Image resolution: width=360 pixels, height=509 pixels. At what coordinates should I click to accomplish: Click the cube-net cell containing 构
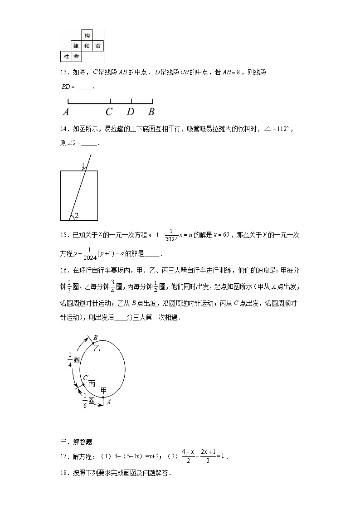[87, 35]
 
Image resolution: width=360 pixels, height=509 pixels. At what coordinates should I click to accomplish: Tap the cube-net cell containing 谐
[98, 46]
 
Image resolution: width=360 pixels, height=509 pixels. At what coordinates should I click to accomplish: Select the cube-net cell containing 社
[66, 57]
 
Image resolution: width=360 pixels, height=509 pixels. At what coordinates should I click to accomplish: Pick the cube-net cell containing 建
[76, 46]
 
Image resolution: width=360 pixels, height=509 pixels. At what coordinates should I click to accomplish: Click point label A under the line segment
[66, 112]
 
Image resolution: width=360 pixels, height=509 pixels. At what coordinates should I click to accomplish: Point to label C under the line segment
[109, 112]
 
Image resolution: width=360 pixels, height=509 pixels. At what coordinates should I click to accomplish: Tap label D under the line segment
[131, 112]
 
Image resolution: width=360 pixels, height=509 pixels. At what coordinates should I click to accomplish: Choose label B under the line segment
[151, 112]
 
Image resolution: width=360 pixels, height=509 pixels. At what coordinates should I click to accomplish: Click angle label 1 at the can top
[83, 165]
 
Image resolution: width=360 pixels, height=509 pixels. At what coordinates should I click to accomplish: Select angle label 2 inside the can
[77, 215]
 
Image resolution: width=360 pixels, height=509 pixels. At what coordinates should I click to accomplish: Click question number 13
[64, 72]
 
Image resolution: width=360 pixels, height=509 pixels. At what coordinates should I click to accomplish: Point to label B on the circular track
[96, 337]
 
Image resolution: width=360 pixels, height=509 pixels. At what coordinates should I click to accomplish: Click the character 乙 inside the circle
[96, 348]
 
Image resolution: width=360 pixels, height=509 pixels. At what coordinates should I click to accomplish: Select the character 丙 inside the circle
[92, 383]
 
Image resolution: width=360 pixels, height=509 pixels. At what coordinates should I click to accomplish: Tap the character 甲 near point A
[104, 391]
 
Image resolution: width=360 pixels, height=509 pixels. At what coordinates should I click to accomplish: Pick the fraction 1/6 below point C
[85, 400]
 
